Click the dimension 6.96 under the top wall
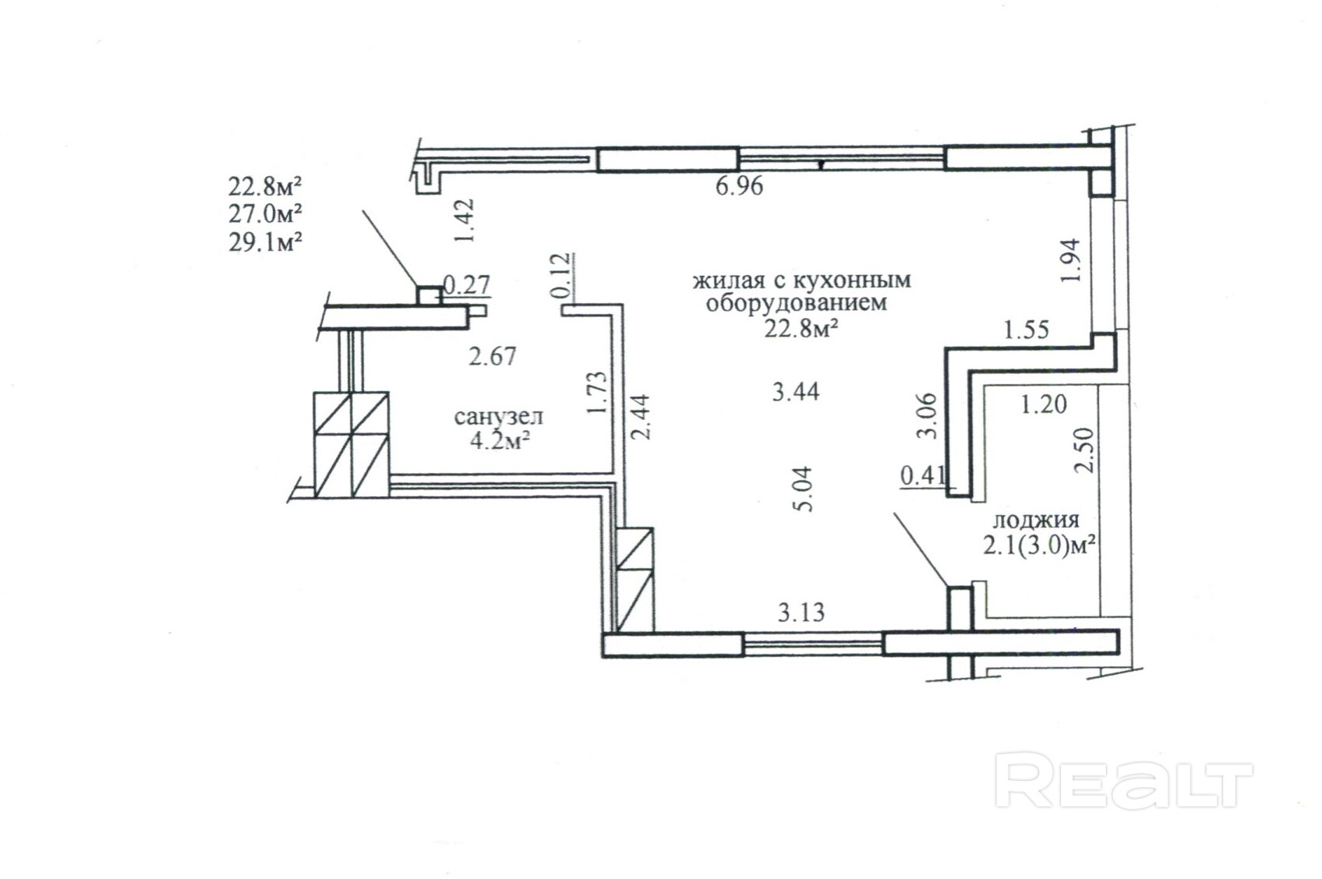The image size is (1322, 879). point(740,186)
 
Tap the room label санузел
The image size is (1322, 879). point(499,416)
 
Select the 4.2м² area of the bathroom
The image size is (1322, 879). point(500,441)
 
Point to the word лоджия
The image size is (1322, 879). point(1036,521)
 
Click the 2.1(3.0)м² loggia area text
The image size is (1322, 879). point(1039,545)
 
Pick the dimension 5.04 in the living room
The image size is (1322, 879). point(804,489)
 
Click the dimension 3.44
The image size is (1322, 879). point(796,392)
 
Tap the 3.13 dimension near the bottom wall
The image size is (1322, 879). point(801,613)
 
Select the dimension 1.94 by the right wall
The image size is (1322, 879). point(1070,260)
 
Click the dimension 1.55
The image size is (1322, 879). point(1027,330)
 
